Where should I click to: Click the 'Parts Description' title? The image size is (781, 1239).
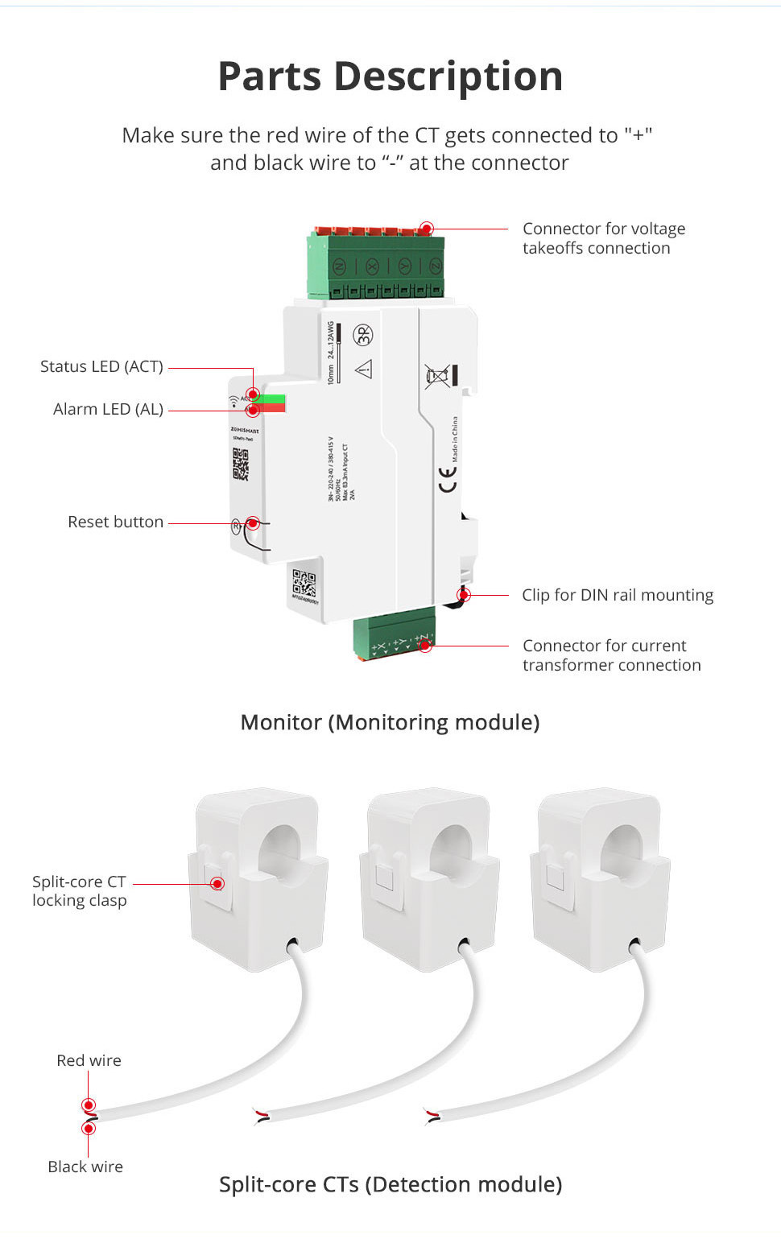(390, 77)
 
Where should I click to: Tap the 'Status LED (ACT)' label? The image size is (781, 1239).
(101, 366)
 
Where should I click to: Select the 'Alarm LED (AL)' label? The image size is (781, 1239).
(108, 409)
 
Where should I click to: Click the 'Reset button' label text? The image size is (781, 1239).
(115, 522)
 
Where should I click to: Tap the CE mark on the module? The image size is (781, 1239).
(447, 480)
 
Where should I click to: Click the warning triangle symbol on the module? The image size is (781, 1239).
(364, 369)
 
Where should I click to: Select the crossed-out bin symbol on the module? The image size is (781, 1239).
(437, 376)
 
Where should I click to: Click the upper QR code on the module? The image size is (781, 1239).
(241, 464)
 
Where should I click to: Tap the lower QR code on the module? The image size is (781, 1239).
(304, 584)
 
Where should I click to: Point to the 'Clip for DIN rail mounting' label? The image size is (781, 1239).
(618, 595)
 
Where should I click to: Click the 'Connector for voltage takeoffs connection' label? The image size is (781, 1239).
(604, 238)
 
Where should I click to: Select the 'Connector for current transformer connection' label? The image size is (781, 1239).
(611, 655)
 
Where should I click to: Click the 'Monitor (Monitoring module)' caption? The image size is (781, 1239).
(390, 722)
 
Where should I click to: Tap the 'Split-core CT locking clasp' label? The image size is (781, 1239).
(79, 890)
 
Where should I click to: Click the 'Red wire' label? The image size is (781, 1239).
(89, 1060)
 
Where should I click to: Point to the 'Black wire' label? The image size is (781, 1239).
(85, 1167)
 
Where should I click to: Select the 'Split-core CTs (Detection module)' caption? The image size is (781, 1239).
(390, 1184)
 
